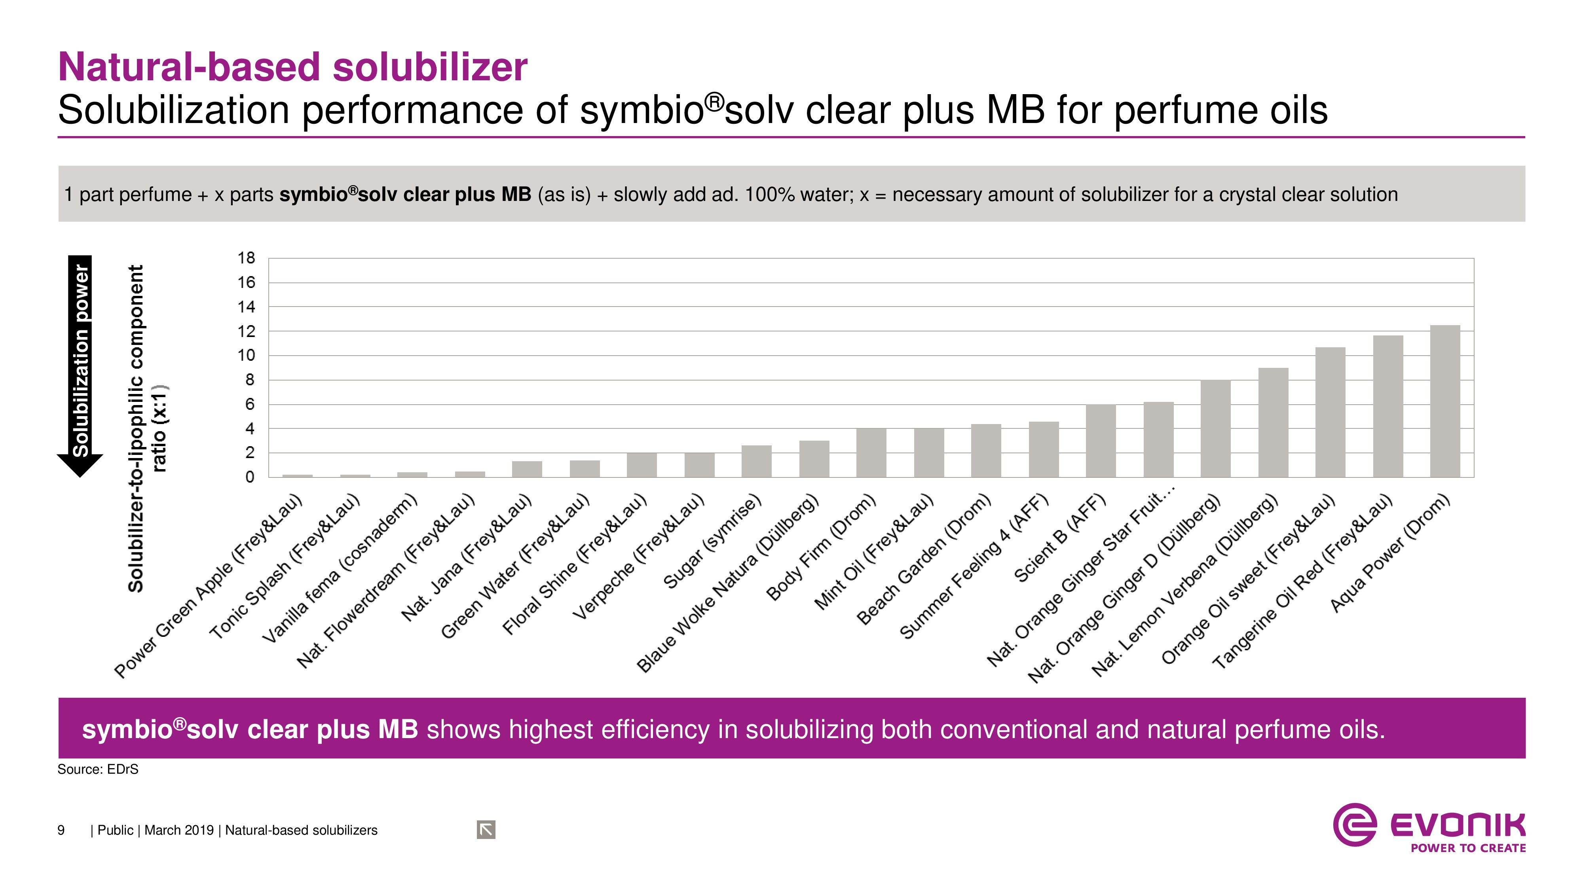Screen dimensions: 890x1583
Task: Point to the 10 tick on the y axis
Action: pyautogui.click(x=246, y=355)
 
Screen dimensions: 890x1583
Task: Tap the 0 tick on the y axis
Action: pyautogui.click(x=249, y=477)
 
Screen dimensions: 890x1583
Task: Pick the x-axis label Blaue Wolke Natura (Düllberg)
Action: pyautogui.click(x=728, y=583)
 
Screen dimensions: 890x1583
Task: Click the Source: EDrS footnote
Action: pyautogui.click(x=98, y=770)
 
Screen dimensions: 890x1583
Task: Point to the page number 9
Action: pyautogui.click(x=61, y=830)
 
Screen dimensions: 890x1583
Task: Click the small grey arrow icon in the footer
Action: pyautogui.click(x=486, y=830)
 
